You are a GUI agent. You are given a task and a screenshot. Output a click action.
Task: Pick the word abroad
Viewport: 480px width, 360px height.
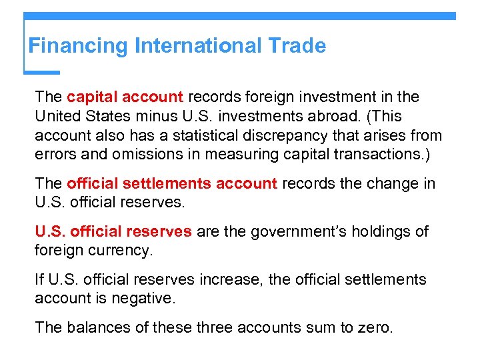click(x=336, y=116)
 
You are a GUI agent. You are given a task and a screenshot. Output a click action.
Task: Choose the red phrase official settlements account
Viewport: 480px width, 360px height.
click(x=172, y=183)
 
